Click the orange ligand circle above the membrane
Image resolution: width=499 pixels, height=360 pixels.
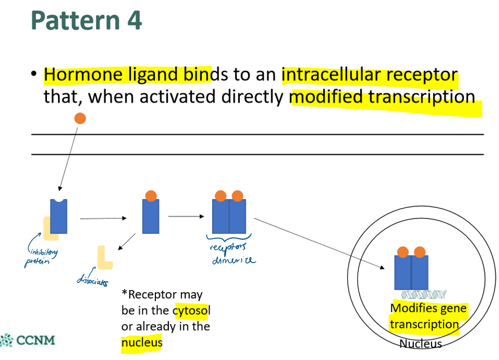[80, 118]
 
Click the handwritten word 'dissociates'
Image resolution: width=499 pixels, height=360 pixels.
[92, 281]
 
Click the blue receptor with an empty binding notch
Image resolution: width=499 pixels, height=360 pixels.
[58, 216]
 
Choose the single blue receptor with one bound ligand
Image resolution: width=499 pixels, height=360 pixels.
[150, 216]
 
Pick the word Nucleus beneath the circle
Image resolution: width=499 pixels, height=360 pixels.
[421, 344]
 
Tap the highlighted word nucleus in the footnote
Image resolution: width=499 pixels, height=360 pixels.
[142, 343]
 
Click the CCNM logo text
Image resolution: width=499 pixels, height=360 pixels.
[35, 341]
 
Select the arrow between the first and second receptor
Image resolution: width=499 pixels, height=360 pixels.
[102, 218]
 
